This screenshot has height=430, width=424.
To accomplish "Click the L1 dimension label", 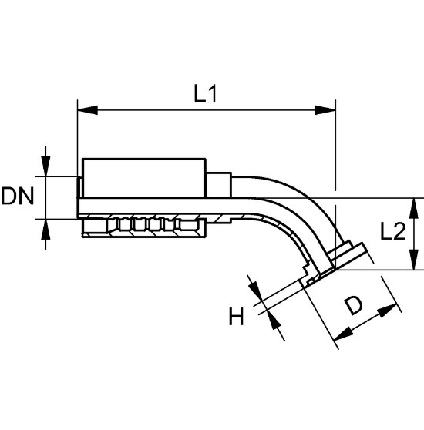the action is (x=205, y=93).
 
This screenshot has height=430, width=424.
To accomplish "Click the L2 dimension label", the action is (x=392, y=231).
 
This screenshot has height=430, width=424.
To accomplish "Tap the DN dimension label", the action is (x=18, y=196).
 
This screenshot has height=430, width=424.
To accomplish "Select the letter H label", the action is (x=236, y=317).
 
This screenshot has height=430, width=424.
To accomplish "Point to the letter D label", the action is (x=354, y=304).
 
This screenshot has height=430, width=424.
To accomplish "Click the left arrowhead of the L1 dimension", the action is (x=88, y=110).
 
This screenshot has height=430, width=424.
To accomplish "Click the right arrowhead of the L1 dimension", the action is (x=325, y=110).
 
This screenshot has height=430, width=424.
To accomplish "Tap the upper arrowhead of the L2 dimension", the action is (x=414, y=208).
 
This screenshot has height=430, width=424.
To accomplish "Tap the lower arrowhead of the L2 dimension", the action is (x=414, y=260).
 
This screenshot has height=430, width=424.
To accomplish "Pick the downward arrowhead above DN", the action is (x=45, y=166).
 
